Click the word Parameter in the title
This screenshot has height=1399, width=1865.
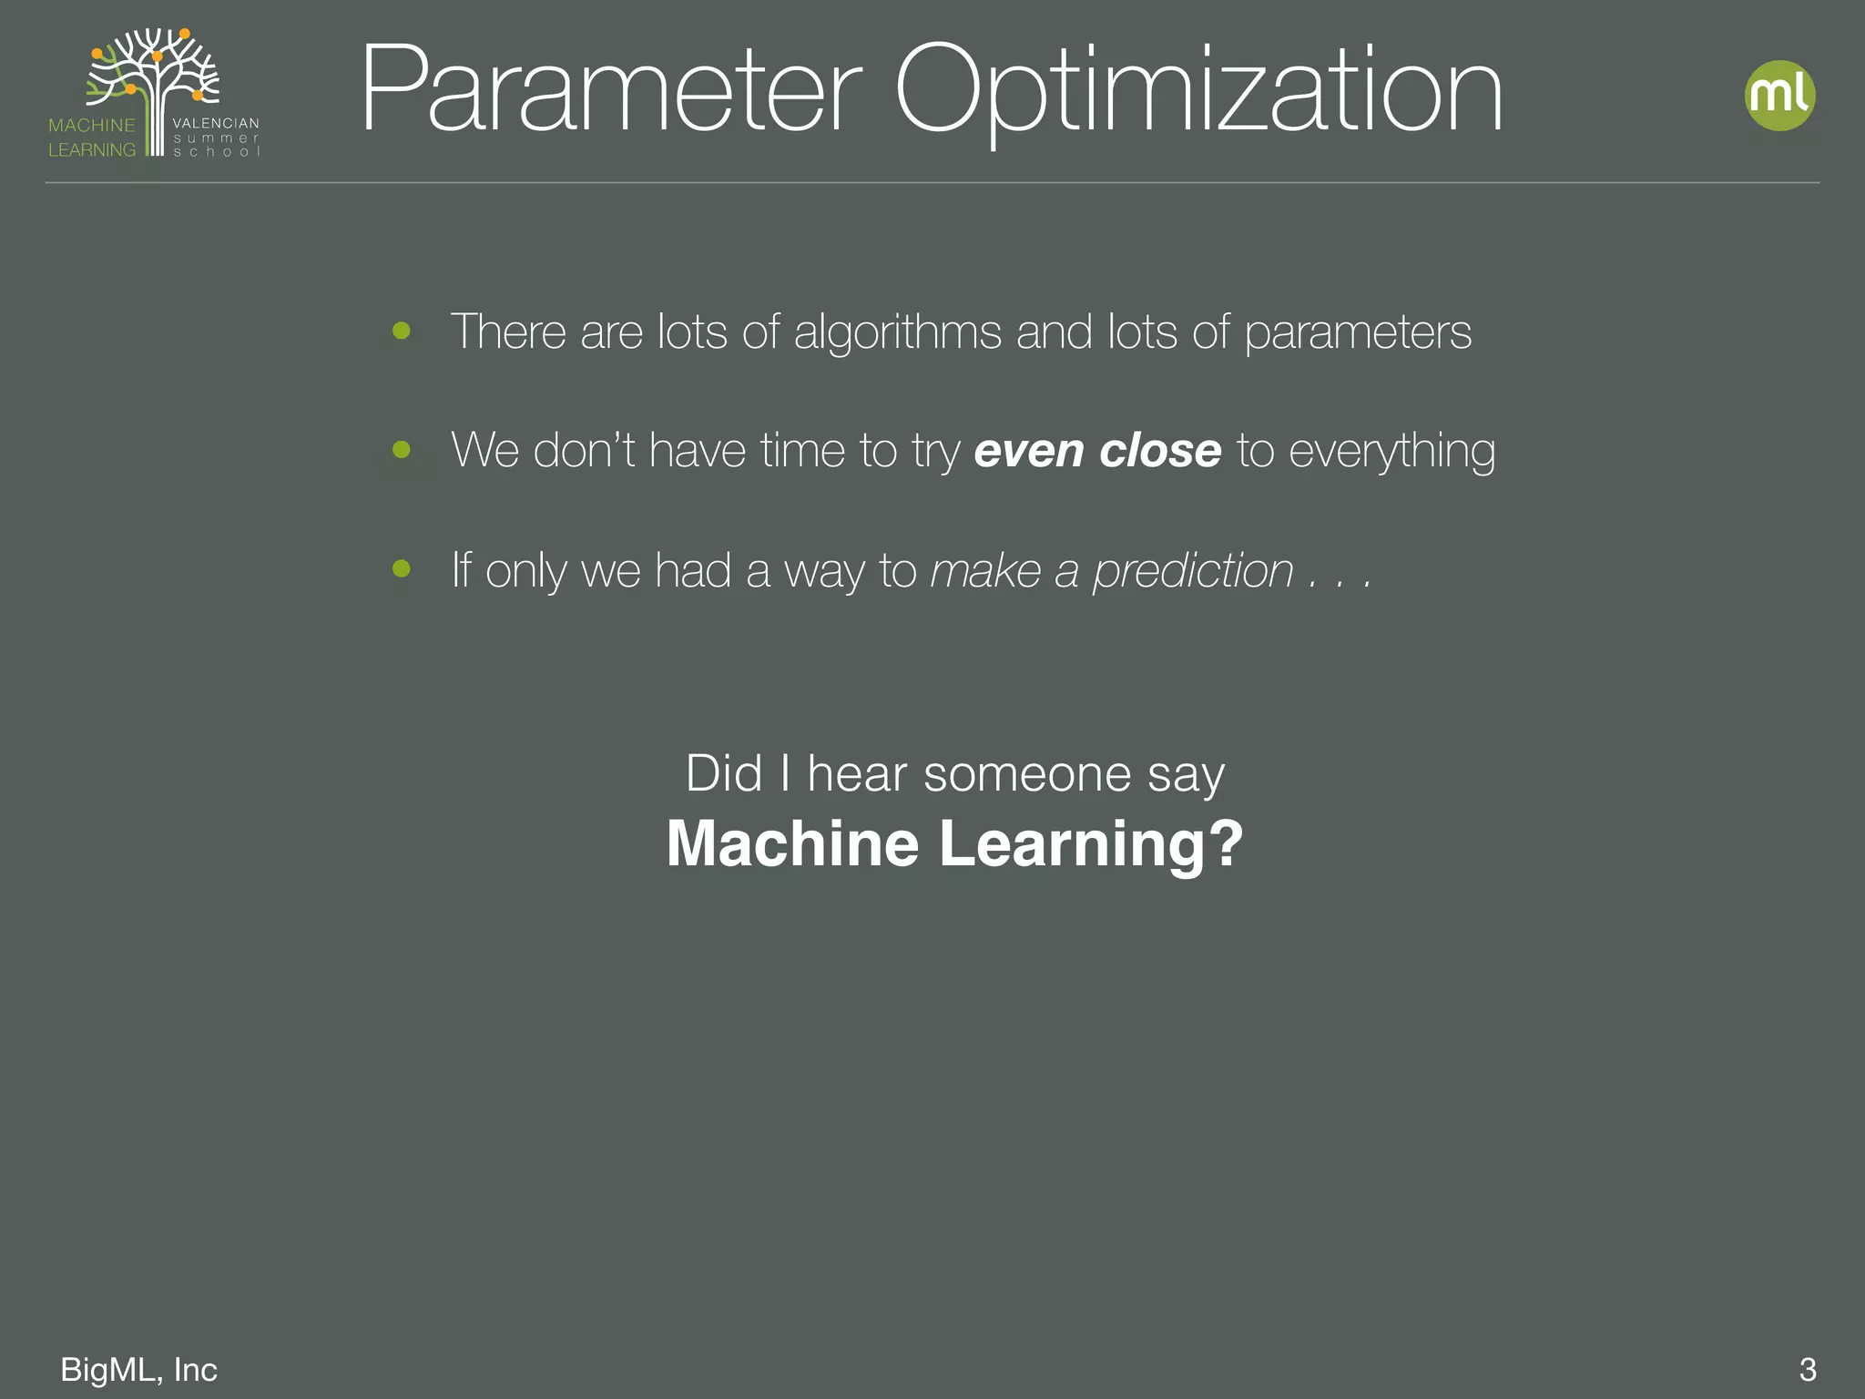click(x=610, y=91)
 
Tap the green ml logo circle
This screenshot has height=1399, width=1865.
click(x=1779, y=96)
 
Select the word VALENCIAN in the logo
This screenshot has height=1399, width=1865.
click(x=216, y=123)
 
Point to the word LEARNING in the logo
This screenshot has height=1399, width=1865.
click(x=91, y=150)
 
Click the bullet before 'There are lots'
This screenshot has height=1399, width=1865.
click(x=402, y=331)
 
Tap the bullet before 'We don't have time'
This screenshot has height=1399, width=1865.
click(x=402, y=449)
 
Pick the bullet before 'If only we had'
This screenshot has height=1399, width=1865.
click(x=402, y=569)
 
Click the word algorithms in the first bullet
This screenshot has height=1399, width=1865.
click(x=898, y=332)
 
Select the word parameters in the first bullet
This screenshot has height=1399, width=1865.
click(x=1358, y=332)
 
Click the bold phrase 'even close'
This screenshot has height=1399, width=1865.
click(x=1097, y=451)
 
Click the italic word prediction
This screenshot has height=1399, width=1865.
click(x=1193, y=573)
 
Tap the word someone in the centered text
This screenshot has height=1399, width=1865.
click(x=1028, y=775)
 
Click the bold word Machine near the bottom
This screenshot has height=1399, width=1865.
click(x=792, y=843)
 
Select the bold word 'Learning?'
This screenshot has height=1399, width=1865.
click(x=1091, y=845)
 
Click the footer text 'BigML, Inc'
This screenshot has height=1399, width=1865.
click(x=138, y=1370)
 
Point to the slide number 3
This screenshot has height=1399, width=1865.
click(x=1808, y=1370)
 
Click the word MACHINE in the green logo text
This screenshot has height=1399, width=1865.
click(x=91, y=126)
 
